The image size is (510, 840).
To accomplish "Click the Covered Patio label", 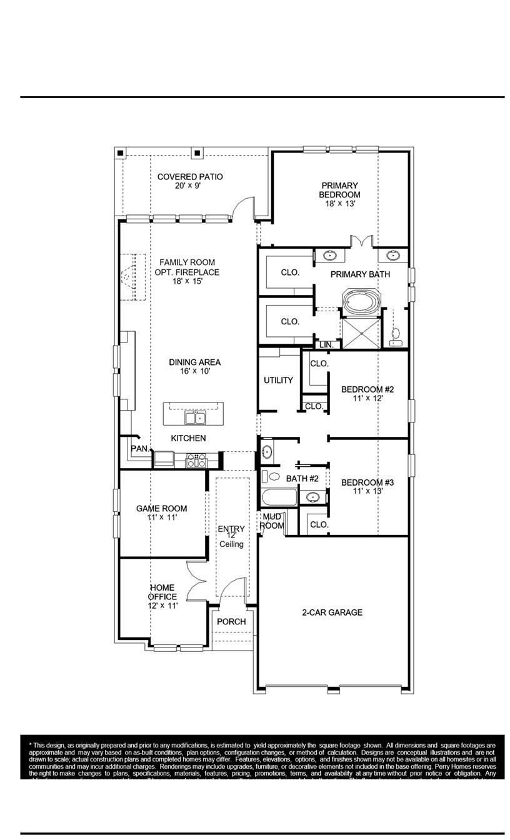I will click(x=190, y=177).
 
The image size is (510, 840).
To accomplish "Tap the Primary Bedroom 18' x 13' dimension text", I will click(x=340, y=204).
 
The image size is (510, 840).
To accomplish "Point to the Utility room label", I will click(x=278, y=380).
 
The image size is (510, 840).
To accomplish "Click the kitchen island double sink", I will click(x=194, y=417).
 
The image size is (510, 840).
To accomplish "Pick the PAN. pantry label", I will click(x=139, y=448).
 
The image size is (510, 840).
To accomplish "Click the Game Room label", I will click(x=161, y=509).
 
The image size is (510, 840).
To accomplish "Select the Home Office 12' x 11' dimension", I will click(x=162, y=606).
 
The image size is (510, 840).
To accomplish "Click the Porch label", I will click(x=231, y=622).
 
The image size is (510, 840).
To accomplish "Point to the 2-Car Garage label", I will click(x=332, y=612).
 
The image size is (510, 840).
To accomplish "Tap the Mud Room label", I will click(x=272, y=521).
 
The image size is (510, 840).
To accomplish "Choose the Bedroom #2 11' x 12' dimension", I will click(x=367, y=398).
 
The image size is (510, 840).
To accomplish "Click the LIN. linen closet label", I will click(x=326, y=344).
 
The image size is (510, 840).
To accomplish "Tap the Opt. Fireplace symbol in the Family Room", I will click(x=127, y=275).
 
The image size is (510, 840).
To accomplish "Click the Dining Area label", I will click(x=194, y=362).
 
